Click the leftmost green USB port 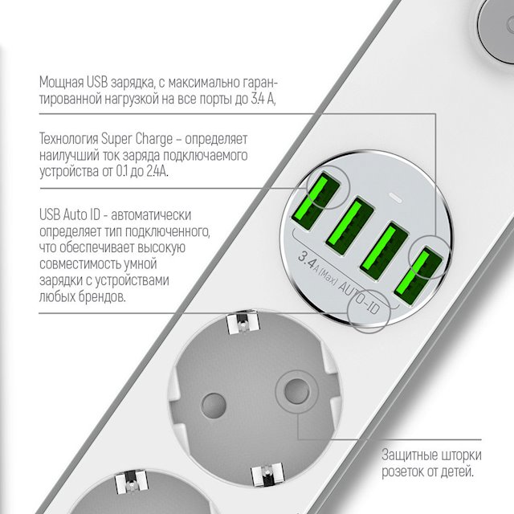coord(314,202)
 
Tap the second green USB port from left coord(349,226)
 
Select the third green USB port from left coord(384,251)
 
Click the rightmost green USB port coord(418,276)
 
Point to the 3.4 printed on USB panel coord(307,259)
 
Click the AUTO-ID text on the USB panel coord(359,297)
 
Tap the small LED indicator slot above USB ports coord(394,198)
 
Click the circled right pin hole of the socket coord(296,391)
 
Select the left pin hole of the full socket coord(214,406)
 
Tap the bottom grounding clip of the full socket coord(267,475)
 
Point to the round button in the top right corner coord(496,31)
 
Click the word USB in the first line coord(97,82)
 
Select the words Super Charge coord(137,139)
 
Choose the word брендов coord(102,297)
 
